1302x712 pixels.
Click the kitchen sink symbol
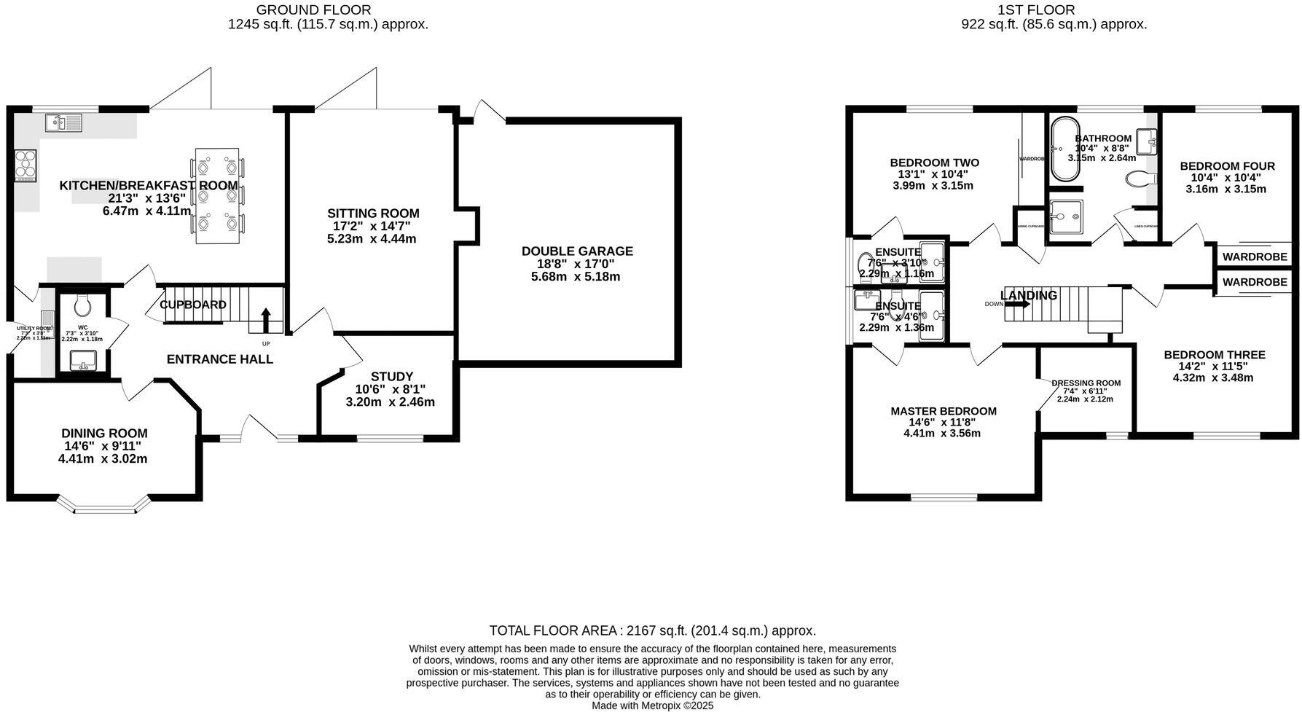64,122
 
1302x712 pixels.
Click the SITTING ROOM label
372,214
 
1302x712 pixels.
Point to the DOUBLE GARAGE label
576,251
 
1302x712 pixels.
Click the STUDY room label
391,377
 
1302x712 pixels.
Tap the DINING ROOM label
104,434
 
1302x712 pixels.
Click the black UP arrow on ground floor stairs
266,320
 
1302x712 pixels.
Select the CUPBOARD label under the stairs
193,305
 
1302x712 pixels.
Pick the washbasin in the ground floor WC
84,360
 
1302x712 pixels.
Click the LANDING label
1028,295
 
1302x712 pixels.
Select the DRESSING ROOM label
1086,383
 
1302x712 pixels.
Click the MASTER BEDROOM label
943,411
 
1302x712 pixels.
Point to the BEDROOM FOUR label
1227,166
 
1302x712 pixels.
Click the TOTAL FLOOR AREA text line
652,630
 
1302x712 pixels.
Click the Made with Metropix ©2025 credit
652,705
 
